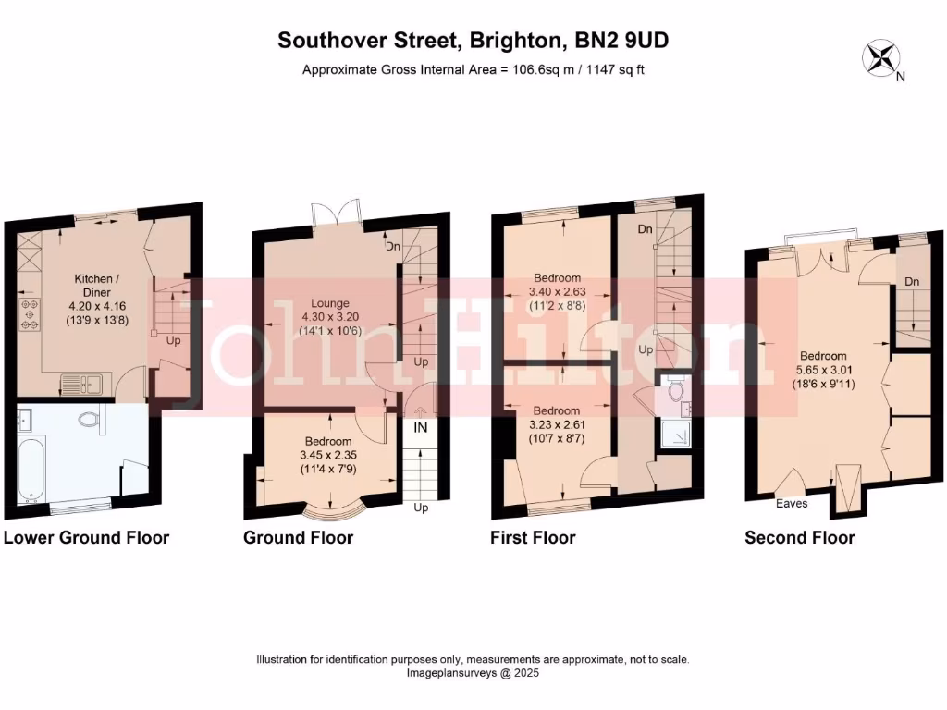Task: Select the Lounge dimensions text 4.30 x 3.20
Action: tap(329, 317)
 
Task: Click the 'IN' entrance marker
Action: tap(420, 427)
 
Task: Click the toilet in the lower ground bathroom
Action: tap(91, 421)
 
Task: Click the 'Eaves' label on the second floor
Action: tap(792, 504)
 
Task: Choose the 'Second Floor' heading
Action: tap(799, 538)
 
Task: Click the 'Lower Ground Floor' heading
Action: tap(87, 538)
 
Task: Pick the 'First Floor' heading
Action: tap(533, 538)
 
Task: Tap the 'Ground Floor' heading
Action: tap(298, 538)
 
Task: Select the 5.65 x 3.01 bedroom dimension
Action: tap(823, 371)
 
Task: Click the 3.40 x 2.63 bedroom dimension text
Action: tap(557, 292)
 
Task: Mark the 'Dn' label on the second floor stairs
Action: tap(912, 282)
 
